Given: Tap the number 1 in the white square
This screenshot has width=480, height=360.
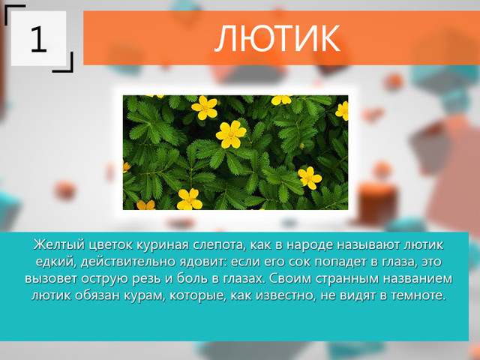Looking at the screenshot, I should pos(38,39).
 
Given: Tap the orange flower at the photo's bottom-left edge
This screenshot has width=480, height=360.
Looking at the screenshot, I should pos(145,205).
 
